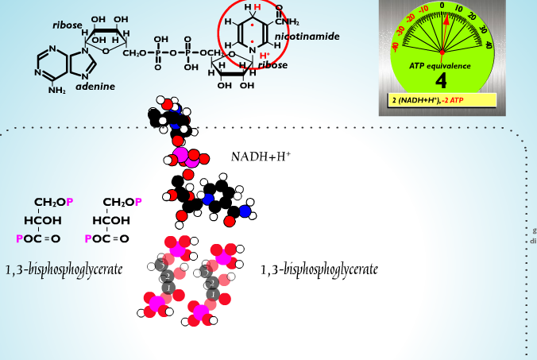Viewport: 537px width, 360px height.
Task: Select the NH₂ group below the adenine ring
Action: click(56, 90)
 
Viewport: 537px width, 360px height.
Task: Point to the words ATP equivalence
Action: click(441, 65)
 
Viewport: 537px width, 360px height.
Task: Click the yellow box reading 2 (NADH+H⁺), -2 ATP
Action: click(442, 100)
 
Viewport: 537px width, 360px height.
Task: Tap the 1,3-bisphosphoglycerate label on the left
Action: click(64, 269)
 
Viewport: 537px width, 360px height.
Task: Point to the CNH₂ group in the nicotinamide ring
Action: click(284, 21)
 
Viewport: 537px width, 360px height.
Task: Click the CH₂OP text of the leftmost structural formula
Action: click(53, 203)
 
